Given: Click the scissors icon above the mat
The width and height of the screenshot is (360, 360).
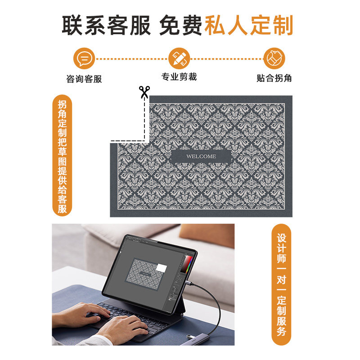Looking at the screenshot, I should [144, 92].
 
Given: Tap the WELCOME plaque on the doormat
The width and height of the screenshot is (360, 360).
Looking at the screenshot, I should [201, 156].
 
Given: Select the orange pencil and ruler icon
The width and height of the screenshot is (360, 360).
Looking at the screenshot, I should [179, 58].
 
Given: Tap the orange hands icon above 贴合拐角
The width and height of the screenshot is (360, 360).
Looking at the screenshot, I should [274, 58].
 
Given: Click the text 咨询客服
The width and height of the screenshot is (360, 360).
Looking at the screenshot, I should [84, 79].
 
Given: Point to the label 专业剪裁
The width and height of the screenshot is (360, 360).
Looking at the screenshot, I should [179, 77].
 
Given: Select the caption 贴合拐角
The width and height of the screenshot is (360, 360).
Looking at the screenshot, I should [274, 78].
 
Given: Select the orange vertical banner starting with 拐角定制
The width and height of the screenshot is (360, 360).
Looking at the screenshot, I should [62, 155].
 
